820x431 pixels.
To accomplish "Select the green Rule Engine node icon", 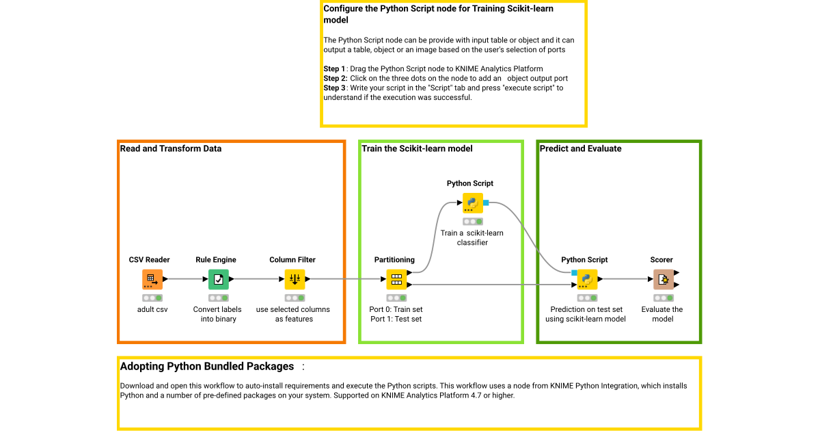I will click(218, 279).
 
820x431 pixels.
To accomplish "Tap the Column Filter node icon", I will click(295, 279).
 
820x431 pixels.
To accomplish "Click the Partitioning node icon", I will click(396, 279).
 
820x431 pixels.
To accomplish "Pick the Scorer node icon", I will click(663, 279).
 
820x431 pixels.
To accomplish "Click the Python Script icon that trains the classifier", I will click(472, 203).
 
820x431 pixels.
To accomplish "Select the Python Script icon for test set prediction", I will click(586, 279).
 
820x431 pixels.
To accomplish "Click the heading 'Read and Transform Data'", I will click(171, 148).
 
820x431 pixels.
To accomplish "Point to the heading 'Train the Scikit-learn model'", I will click(417, 148).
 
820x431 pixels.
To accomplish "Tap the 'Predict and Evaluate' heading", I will click(581, 148).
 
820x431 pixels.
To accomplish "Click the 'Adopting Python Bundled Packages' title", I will click(207, 367).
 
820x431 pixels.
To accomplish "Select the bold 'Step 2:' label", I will click(336, 79).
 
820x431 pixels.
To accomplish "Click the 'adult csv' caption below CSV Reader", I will click(152, 309).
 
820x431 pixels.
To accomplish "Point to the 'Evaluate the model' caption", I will click(661, 314).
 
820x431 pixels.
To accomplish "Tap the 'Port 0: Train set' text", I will click(396, 309).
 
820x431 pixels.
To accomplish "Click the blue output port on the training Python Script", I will click(486, 203).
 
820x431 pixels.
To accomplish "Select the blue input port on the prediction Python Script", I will click(574, 273).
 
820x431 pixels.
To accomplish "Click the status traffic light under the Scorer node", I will click(661, 298).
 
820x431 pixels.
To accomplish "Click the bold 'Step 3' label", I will click(334, 88).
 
